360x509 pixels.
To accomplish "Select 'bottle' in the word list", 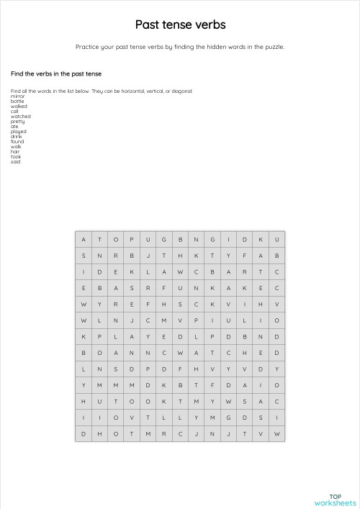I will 17,101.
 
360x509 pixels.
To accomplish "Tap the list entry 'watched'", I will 20,116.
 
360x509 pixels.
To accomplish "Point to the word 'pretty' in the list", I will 17,121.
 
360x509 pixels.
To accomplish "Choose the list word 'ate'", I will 14,126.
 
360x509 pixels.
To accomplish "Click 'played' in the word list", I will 18,131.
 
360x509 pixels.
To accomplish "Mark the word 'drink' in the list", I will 16,136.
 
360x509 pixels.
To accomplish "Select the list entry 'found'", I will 17,141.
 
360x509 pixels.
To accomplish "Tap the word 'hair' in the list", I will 14,151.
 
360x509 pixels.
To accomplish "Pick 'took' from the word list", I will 15,156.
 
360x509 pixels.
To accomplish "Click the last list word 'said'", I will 15,161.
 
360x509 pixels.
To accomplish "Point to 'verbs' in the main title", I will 210,25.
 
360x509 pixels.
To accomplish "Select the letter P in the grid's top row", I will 132,239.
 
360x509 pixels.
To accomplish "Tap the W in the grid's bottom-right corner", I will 276,433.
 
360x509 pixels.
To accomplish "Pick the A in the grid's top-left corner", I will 84,239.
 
